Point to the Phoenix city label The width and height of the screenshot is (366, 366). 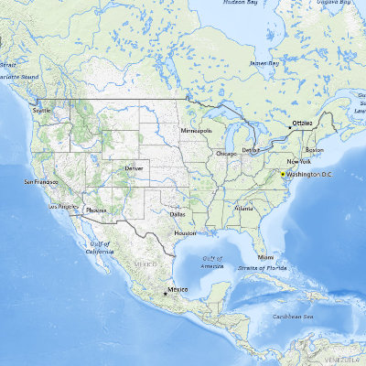[96, 210]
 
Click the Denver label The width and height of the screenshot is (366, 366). [135, 168]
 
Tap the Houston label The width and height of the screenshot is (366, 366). [185, 232]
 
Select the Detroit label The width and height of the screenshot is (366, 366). [251, 149]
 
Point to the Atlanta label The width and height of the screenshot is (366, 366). [243, 208]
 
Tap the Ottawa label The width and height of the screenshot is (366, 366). [301, 122]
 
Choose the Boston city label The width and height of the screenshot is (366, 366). [314, 149]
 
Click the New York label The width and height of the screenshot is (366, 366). [298, 161]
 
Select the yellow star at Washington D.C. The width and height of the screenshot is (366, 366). [285, 172]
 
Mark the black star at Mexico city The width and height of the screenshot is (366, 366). [165, 293]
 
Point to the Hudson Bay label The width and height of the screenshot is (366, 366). [241, 3]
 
